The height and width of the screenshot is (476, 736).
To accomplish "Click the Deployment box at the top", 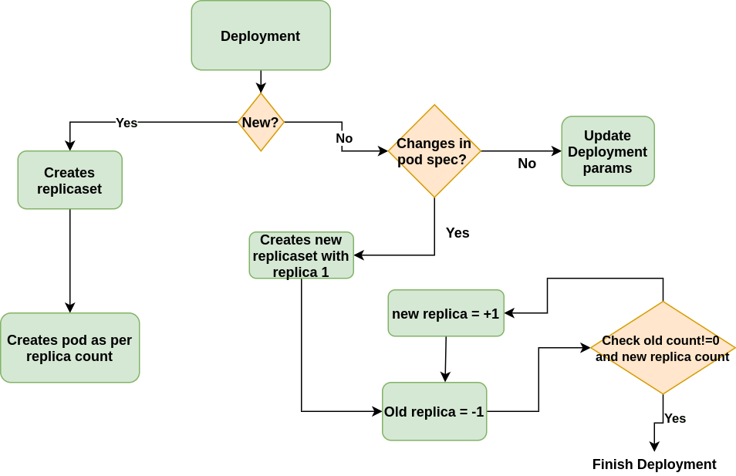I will point(261,36).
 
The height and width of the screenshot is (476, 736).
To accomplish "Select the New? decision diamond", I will point(261,122).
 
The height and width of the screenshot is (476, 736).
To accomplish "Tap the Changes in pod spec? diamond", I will point(434,151).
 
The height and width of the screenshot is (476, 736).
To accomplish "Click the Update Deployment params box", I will point(608,151).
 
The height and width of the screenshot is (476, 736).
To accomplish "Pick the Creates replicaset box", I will point(70,181).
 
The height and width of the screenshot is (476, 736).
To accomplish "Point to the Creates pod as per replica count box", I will point(70,348).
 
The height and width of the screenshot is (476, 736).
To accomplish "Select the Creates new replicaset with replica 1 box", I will point(301,255).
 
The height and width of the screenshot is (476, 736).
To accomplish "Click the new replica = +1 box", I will point(446,313).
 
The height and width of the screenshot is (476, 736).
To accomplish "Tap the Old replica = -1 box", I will point(435,412).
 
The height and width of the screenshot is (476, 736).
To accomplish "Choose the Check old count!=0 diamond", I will point(662,348).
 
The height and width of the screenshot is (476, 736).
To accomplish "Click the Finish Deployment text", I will point(654,464).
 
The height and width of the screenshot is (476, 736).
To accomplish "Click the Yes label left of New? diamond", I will point(127,123).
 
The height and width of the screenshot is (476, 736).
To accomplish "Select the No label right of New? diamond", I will point(344,138).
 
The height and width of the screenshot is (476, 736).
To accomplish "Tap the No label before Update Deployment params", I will point(527,164).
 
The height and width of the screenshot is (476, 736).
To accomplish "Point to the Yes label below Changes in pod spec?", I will point(457,232).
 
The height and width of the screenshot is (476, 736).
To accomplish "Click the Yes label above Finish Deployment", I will point(675,418).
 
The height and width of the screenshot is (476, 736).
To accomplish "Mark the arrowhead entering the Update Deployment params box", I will point(556,151).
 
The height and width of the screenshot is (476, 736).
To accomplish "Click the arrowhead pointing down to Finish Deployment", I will point(654,447).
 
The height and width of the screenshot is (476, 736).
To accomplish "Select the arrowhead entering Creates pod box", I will point(70,307).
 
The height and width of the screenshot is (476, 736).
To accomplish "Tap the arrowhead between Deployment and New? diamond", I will point(261,86).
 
